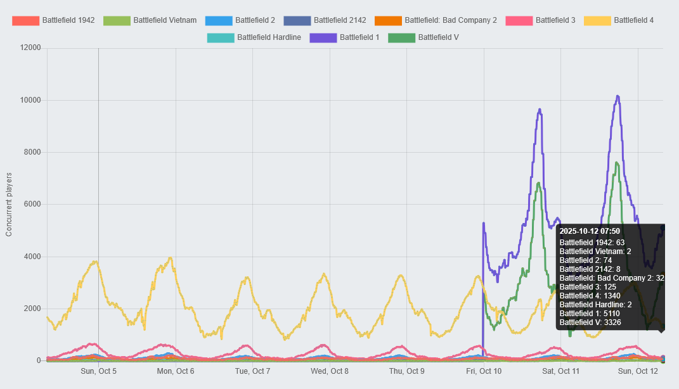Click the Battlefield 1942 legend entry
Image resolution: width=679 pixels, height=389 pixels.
click(53, 20)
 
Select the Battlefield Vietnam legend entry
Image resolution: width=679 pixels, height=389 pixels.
click(150, 20)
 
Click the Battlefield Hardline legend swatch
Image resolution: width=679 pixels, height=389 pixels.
click(221, 37)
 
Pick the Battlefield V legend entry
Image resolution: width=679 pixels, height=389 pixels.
click(424, 37)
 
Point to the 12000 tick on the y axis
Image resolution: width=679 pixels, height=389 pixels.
click(30, 48)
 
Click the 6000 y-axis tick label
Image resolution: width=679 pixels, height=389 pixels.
click(32, 205)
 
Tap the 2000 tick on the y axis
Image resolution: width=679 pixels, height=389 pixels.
click(32, 309)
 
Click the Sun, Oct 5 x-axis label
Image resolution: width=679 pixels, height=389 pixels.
click(98, 371)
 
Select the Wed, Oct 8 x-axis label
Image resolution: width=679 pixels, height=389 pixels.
click(330, 371)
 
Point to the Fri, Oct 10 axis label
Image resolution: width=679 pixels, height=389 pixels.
click(484, 371)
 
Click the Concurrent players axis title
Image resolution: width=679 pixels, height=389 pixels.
click(9, 204)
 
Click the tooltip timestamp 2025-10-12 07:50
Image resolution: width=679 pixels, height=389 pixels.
click(590, 231)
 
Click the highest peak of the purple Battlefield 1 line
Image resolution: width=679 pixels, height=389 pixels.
click(617, 96)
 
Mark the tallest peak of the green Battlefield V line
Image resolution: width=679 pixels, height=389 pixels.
click(616, 163)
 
